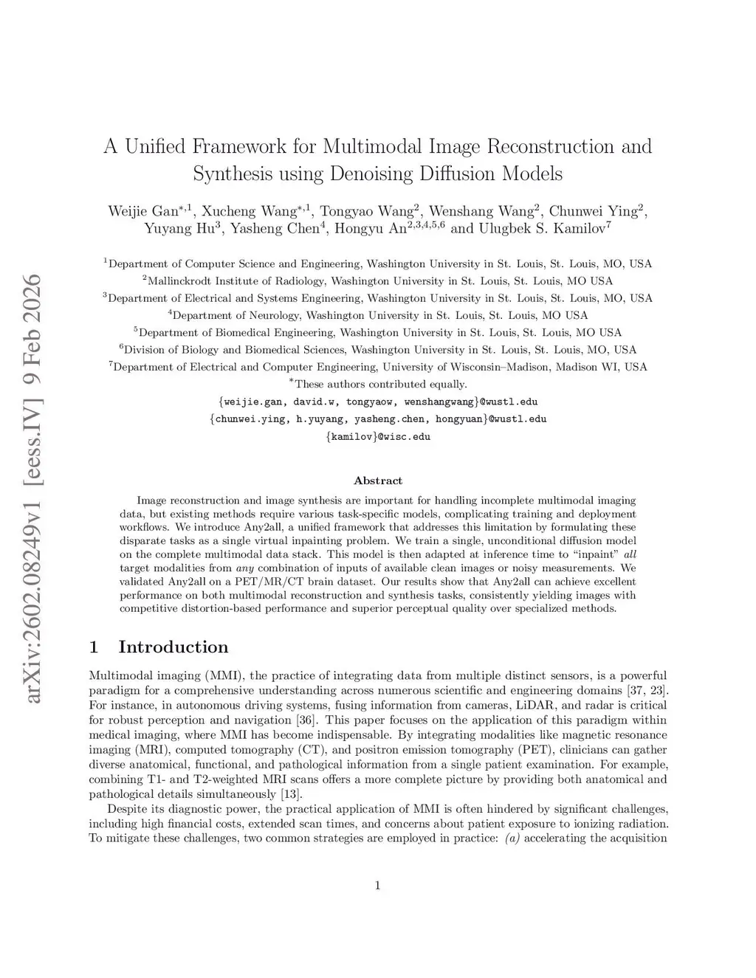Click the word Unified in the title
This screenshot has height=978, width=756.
154,146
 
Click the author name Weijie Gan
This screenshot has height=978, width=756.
143,210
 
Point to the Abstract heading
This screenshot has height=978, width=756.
378,481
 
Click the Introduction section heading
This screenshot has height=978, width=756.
173,647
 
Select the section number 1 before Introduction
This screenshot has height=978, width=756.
94,647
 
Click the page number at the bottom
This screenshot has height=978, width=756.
377,886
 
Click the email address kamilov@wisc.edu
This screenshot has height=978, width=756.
378,436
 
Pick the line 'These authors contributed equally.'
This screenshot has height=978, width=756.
380,384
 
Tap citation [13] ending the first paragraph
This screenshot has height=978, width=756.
290,793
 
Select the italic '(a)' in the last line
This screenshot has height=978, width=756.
513,838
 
